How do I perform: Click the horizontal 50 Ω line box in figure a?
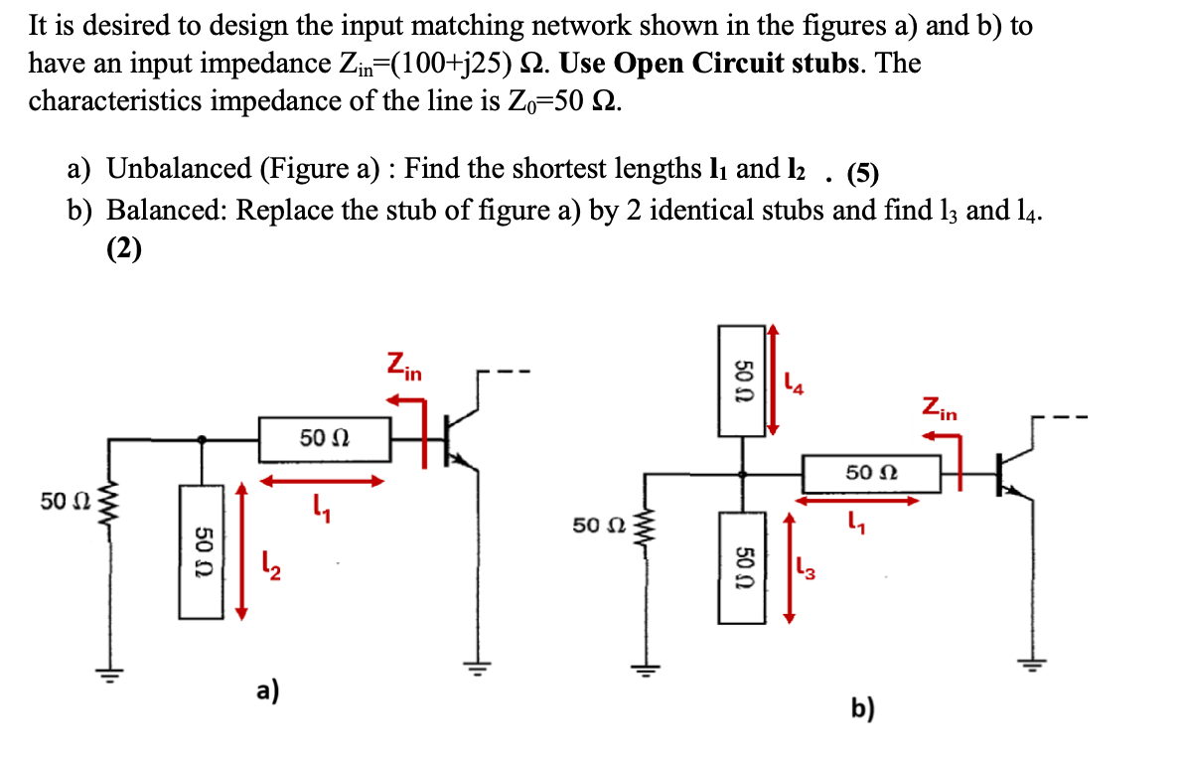(x=325, y=439)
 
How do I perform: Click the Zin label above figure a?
(x=404, y=367)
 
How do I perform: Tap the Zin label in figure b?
(x=939, y=408)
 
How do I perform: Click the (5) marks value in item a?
(x=862, y=174)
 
